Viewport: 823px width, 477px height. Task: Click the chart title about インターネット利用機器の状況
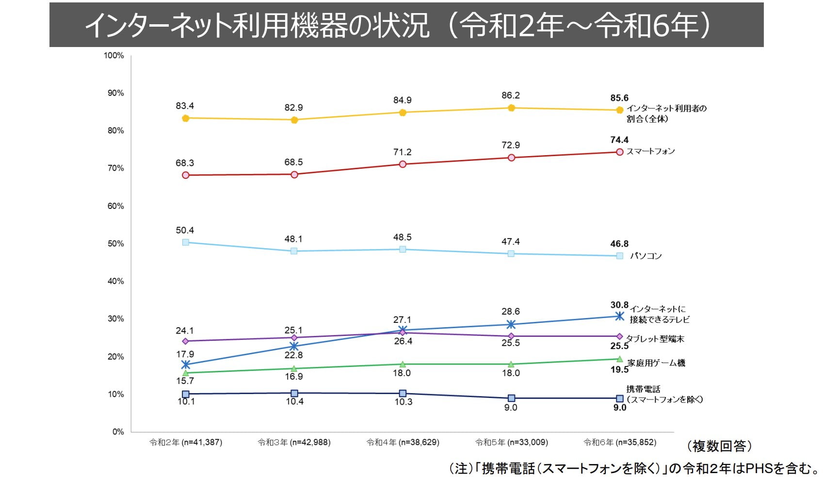(398, 25)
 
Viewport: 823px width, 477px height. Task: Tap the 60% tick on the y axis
(115, 206)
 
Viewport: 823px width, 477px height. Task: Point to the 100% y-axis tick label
(114, 56)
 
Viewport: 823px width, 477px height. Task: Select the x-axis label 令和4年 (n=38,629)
(403, 442)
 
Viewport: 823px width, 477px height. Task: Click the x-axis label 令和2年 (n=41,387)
(186, 442)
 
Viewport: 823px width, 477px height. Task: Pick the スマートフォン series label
(650, 151)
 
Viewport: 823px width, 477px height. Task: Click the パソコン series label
(645, 256)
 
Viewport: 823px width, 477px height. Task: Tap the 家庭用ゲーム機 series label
(656, 363)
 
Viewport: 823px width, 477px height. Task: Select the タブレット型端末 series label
(655, 339)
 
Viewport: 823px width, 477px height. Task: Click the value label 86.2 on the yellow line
(511, 95)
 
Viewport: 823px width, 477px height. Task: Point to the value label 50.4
(185, 230)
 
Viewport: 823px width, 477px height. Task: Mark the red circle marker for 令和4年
(403, 164)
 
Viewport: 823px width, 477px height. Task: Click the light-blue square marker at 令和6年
(619, 256)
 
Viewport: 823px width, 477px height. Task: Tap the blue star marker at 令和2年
(185, 365)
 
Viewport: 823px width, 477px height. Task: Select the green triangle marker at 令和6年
(619, 359)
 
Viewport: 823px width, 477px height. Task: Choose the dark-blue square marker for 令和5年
(511, 398)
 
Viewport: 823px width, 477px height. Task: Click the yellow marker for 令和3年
(294, 120)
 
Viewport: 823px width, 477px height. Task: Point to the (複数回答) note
(719, 446)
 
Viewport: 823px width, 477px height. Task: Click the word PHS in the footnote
(759, 468)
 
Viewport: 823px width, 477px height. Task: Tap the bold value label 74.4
(619, 140)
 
